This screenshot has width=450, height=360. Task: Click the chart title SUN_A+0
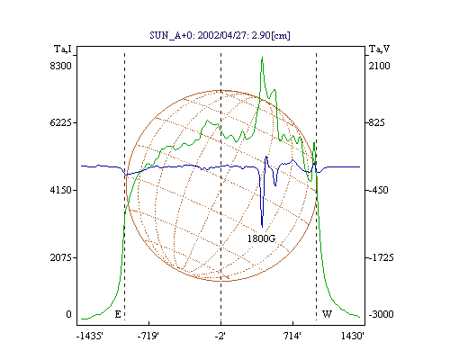168,36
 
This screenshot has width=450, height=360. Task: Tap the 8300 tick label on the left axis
61,66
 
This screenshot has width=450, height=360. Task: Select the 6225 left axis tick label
61,122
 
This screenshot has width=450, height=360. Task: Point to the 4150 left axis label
61,190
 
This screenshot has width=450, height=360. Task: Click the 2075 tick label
61,257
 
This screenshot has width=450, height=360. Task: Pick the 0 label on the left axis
69,314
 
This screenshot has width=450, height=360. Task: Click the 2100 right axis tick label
380,66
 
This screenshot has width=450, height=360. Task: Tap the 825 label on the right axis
376,122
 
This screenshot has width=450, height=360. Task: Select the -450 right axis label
378,190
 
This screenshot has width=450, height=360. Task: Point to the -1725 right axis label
381,257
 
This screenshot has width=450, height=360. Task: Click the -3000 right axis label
381,314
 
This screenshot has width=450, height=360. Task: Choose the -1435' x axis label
90,336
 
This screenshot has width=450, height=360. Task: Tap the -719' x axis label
148,336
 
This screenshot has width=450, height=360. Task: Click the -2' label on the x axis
220,336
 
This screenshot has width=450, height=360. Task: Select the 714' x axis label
292,336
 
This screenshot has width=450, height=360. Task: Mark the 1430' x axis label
353,336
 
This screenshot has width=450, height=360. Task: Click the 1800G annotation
261,238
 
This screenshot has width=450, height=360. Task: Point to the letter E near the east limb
118,314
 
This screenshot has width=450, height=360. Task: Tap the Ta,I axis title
63,49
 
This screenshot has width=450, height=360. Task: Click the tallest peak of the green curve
262,58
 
